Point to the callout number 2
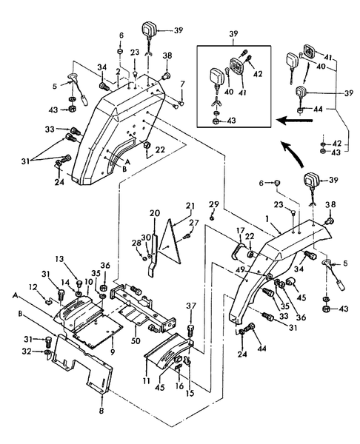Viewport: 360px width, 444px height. (117, 70)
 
